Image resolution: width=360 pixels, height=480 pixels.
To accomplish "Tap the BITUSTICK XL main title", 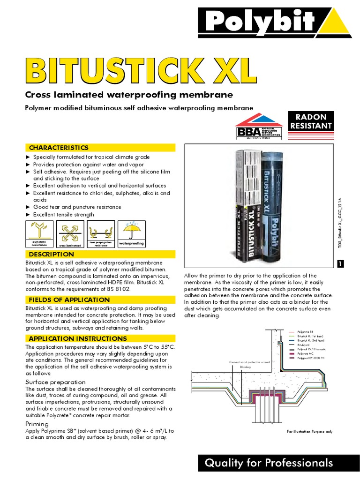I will click(141, 71).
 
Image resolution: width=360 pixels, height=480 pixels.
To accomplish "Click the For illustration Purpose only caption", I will click(309, 431).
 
